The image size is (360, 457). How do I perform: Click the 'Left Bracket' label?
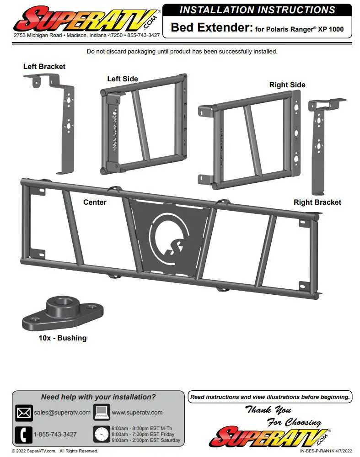44,67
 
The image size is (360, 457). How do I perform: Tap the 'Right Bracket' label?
317,202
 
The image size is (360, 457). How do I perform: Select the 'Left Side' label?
123,79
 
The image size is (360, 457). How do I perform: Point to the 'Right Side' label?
287,85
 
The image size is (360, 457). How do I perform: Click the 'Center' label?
95,202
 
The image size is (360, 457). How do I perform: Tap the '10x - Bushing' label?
62,338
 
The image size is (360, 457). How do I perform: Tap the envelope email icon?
23,413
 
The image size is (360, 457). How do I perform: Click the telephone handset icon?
23,435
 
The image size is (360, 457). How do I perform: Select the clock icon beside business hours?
102,434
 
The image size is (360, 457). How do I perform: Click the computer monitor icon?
102,412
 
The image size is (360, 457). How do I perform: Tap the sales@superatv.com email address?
62,412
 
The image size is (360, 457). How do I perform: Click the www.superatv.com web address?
137,412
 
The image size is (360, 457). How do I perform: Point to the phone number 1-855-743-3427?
55,434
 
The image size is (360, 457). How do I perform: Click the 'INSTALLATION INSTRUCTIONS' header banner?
257,10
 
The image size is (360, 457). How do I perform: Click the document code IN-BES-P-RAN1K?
311,451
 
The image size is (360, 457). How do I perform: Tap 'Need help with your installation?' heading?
98,397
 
